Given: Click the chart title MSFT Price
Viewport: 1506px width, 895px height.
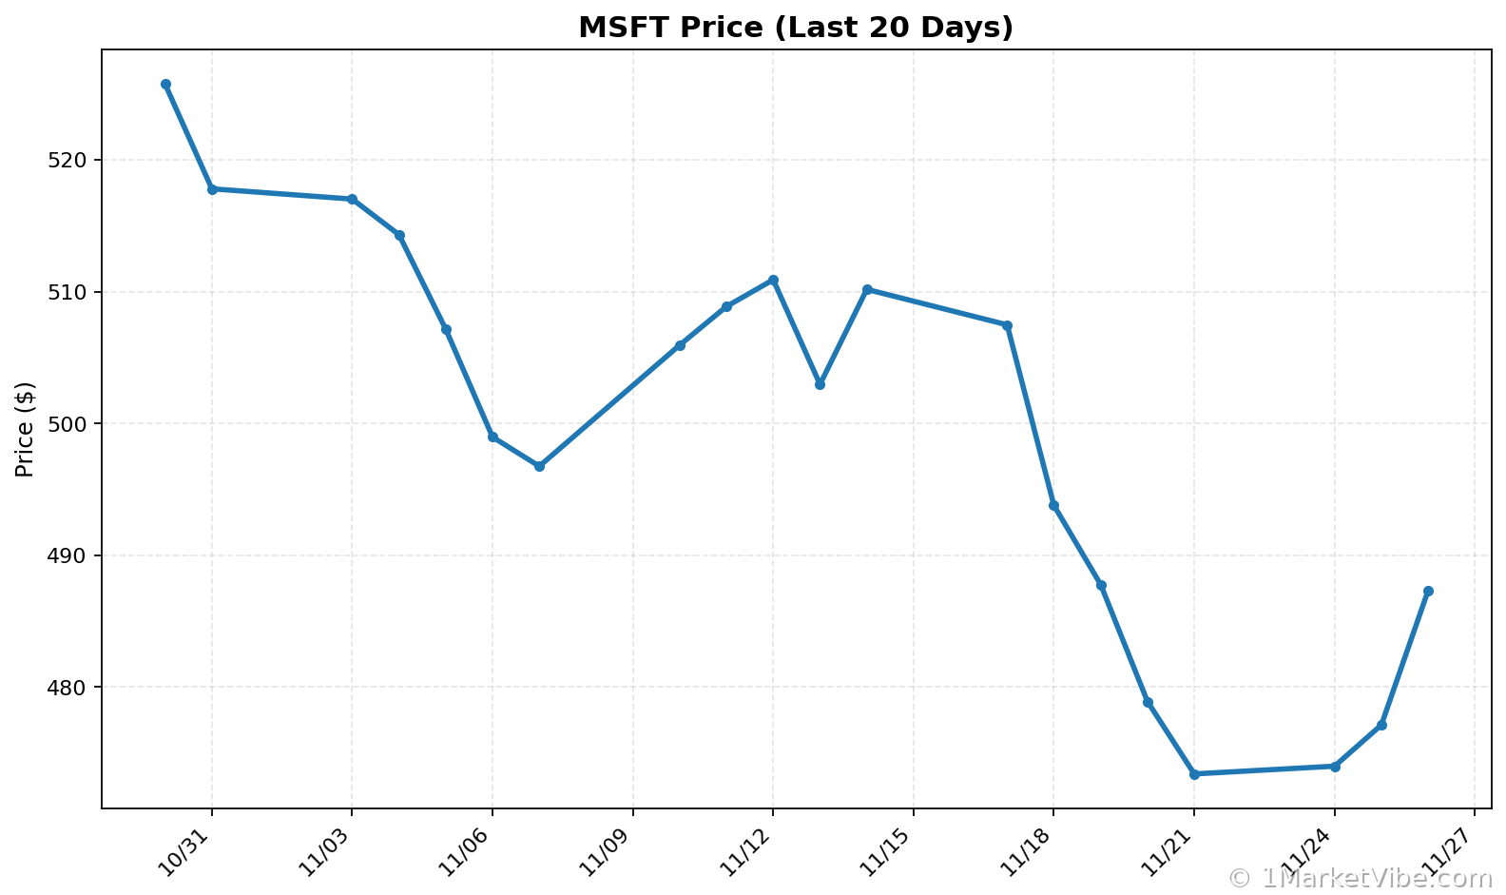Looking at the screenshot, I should point(796,28).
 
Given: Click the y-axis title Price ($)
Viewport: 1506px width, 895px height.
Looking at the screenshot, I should point(26,429).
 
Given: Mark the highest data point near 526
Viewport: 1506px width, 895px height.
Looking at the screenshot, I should point(165,85).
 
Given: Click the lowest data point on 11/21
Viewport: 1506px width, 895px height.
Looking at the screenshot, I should point(1194,774).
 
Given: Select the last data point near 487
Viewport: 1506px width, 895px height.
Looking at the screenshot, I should point(1428,592).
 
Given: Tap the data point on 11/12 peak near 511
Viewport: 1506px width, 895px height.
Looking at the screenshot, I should point(773,280).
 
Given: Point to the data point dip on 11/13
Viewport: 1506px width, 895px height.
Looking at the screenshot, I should point(820,384).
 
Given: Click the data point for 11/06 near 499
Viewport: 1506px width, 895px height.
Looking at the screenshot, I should point(492,438).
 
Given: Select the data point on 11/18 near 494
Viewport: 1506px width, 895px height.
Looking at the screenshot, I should point(1053,506).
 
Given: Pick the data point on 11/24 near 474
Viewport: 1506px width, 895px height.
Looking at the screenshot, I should point(1335,767).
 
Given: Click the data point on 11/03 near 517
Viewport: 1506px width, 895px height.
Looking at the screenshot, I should point(352,199).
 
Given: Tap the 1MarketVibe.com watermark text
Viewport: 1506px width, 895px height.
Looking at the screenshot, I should point(1365,878).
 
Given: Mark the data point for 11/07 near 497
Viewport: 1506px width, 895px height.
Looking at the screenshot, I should point(539,466).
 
